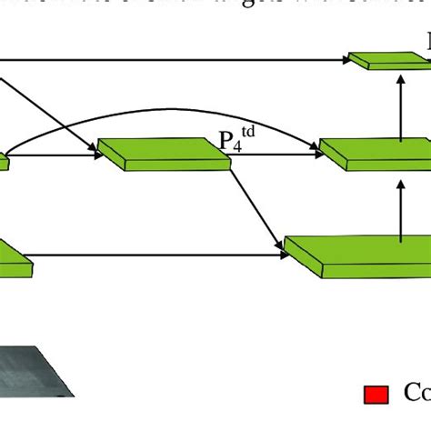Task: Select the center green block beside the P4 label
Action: click(164, 155)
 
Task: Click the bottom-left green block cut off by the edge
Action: click(13, 259)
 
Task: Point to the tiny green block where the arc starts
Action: click(4, 162)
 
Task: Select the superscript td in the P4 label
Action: click(246, 134)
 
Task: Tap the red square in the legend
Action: click(376, 394)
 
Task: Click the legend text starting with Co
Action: click(416, 393)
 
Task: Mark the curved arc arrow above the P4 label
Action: click(164, 112)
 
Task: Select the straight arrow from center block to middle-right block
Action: click(273, 155)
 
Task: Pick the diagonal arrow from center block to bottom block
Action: click(255, 205)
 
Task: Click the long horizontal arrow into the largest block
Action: click(155, 256)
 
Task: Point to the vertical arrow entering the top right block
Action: click(401, 100)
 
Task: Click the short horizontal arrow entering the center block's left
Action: click(55, 155)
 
